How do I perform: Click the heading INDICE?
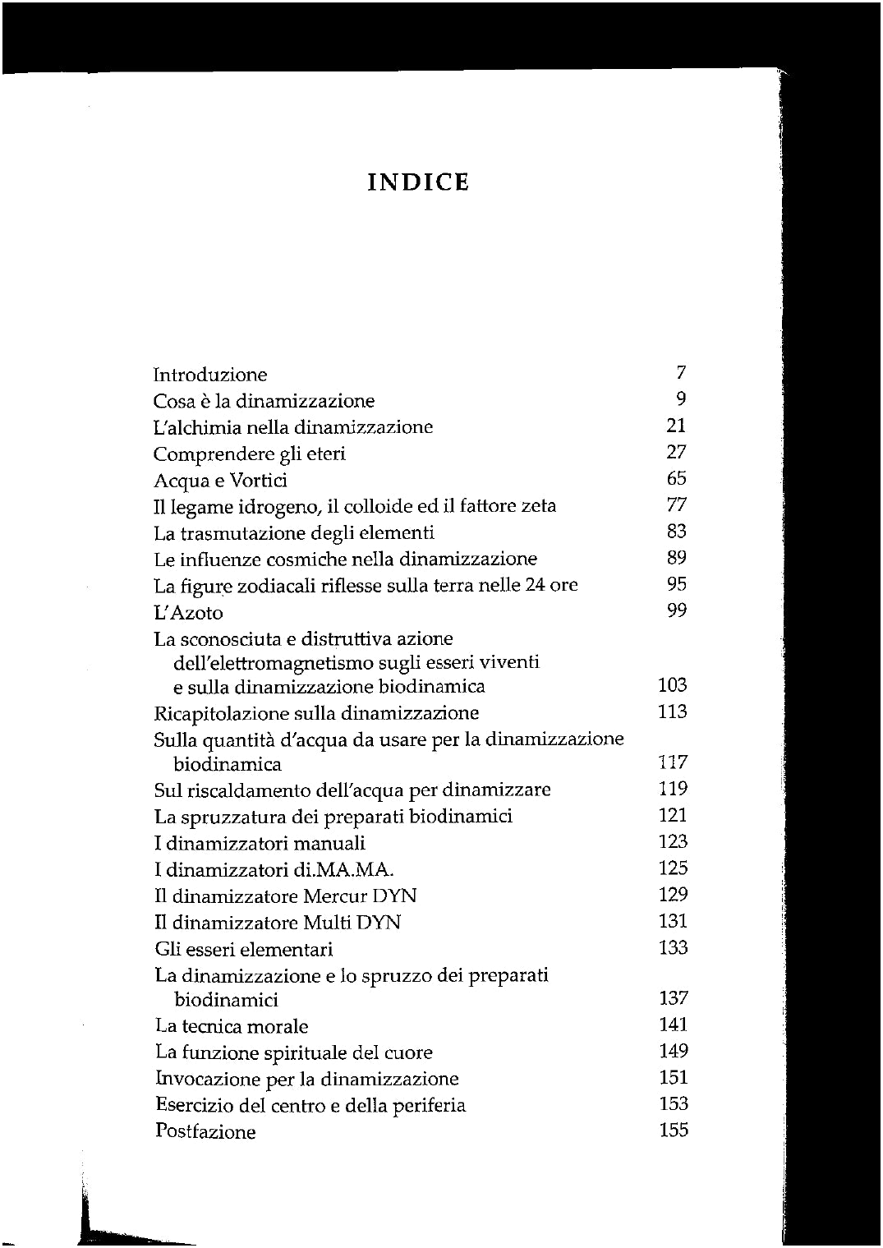[x=418, y=182]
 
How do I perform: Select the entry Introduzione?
[x=210, y=375]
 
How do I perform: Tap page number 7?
[x=680, y=373]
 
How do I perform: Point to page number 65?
[x=676, y=478]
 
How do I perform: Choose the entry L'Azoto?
[x=188, y=613]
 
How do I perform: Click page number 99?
[x=676, y=610]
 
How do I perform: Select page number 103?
[x=673, y=685]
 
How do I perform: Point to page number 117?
[x=673, y=762]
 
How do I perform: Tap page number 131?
[x=673, y=921]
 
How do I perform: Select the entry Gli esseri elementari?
[x=244, y=950]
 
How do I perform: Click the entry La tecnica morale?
[x=232, y=1026]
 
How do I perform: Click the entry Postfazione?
[x=205, y=1131]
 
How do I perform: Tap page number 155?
[x=673, y=1130]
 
